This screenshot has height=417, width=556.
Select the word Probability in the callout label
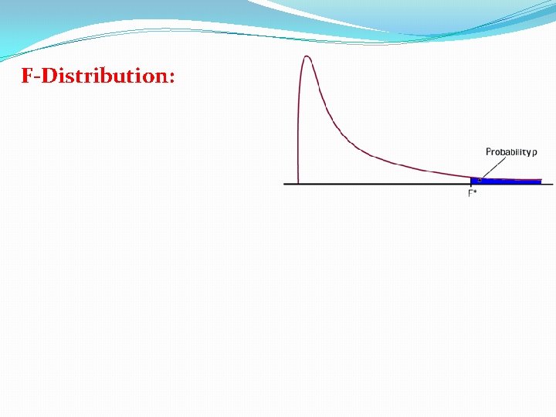click(x=507, y=152)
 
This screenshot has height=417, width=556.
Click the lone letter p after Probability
click(x=534, y=153)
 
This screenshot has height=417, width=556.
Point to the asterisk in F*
click(x=475, y=191)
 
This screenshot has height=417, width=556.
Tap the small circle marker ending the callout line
click(x=480, y=179)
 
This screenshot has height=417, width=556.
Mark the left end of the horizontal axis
click(x=285, y=184)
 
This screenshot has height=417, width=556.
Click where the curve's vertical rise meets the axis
click(x=298, y=183)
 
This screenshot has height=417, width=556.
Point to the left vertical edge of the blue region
click(x=471, y=181)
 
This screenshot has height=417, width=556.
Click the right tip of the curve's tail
click(x=541, y=180)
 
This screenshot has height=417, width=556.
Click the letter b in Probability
click(x=505, y=152)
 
